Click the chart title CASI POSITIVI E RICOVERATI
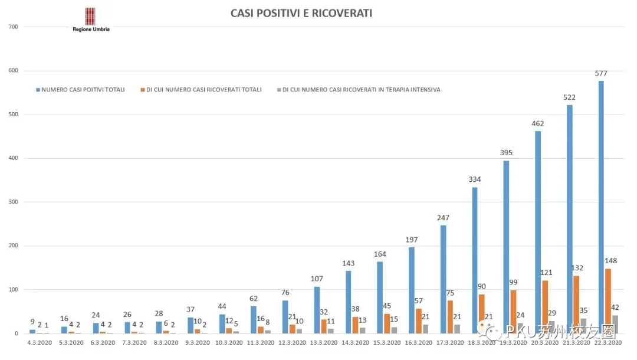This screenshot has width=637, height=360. pos(301,13)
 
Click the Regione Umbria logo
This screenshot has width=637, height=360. pos(90,19)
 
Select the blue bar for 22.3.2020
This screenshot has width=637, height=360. pos(601,207)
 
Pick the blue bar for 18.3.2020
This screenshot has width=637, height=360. pos(474,260)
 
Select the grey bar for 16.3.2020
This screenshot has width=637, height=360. pos(425,329)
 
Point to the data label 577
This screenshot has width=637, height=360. pos(601,74)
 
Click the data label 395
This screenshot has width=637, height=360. pos(506,153)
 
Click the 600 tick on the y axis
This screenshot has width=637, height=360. pos(14,71)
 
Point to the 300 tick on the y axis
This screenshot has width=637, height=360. pos(14,202)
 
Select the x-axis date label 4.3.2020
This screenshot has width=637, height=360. pos(39,342)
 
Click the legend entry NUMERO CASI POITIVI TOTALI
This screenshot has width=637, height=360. pos(83,90)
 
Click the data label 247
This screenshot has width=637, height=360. pos(443,218)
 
